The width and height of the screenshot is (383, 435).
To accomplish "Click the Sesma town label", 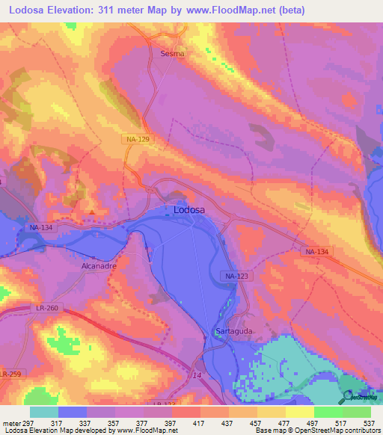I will tap(172, 54).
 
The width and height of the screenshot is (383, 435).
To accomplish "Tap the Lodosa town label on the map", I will tap(189, 210).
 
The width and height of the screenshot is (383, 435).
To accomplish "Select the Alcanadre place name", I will tap(99, 265).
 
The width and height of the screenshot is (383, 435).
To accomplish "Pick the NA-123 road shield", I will tap(236, 277).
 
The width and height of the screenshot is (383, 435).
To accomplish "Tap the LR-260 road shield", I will tap(46, 308).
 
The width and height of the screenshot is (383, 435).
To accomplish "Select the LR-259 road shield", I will tap(9, 373).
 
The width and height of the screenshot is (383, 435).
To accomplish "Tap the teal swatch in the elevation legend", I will tap(43, 412).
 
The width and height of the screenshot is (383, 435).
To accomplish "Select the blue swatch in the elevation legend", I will tap(73, 412).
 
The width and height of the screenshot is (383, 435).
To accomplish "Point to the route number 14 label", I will tap(197, 374).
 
